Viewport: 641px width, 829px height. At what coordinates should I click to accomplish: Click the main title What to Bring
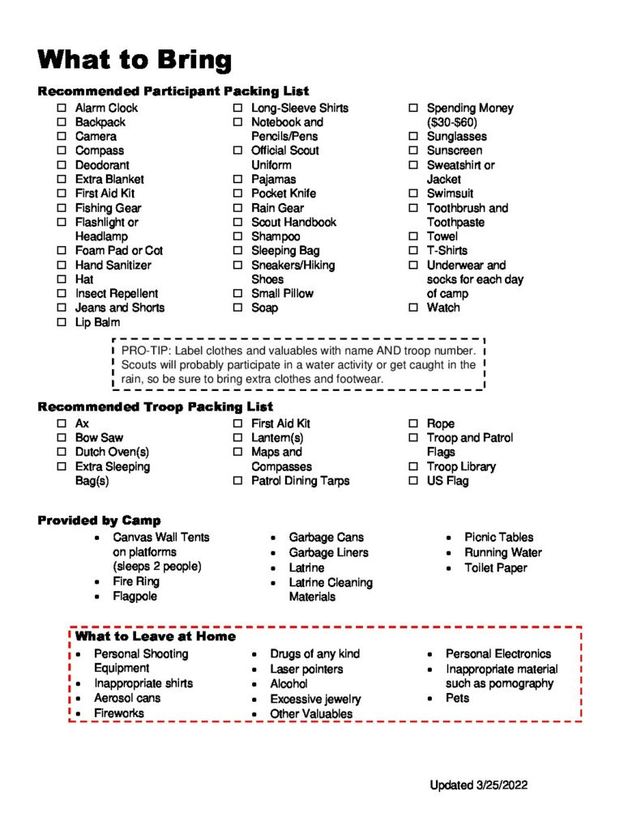pos(135,59)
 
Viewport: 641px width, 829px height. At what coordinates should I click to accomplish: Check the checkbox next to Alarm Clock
pos(62,108)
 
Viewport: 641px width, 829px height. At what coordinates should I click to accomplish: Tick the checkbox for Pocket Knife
pos(237,193)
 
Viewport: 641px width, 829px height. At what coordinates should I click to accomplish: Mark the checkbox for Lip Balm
pos(62,322)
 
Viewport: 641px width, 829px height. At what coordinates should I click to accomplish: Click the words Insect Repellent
pos(117,293)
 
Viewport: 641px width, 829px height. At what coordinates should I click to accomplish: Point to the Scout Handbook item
pos(293,222)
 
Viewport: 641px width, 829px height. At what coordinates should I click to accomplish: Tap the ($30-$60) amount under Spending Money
pos(452,122)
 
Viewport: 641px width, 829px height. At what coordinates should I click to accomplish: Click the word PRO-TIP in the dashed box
pos(145,351)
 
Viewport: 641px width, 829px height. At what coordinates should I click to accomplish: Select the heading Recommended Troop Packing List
pos(155,406)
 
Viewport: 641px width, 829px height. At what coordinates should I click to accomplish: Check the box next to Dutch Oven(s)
pos(62,452)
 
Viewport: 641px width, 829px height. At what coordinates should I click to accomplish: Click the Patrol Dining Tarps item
pos(300,481)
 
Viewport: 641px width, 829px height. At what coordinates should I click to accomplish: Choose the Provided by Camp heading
pos(99,521)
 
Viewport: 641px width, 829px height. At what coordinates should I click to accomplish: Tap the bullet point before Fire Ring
pos(97,582)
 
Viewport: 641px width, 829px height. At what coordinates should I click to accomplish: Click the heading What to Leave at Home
pos(156,636)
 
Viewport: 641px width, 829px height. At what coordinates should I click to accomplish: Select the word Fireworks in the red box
pos(119,713)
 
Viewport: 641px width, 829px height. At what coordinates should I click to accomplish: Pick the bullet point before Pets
pos(430,699)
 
